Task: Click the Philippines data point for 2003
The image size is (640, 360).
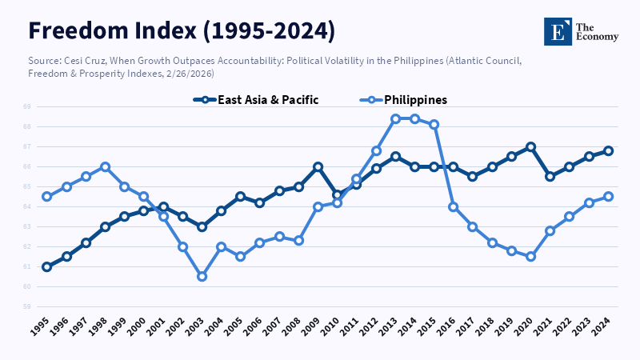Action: pos(202,277)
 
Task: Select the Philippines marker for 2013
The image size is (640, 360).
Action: pos(395,118)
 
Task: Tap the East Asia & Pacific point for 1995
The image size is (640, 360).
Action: pos(46,266)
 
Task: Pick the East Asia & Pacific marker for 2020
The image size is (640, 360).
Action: pos(530,146)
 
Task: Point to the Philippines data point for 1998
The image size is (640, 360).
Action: pos(105,166)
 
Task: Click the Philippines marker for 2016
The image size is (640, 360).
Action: pos(453,206)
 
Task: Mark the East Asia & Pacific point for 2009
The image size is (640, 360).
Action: pos(318,166)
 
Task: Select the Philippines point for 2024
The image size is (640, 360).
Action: pos(608,196)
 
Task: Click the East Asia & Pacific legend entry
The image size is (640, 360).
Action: pos(256,100)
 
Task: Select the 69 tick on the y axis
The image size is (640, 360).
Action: pos(26,106)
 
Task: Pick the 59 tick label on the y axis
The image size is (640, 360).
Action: pos(26,306)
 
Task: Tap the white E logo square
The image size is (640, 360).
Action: pos(558,31)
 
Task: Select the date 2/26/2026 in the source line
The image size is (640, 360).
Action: pos(190,74)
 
